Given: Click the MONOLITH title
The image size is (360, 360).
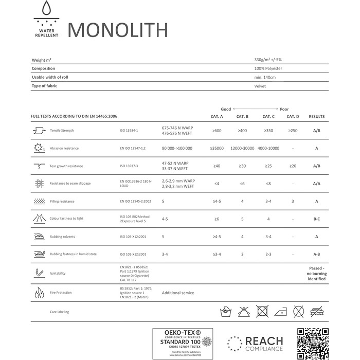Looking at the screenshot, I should click(x=117, y=30).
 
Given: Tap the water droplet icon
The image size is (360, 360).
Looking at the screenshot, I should click(x=47, y=11).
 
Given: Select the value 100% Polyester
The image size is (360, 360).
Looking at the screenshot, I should click(x=268, y=68).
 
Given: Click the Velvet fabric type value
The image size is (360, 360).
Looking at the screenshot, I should click(x=260, y=86).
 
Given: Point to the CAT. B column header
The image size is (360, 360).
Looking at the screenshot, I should click(x=242, y=117).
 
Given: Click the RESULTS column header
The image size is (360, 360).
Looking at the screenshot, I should click(x=317, y=117).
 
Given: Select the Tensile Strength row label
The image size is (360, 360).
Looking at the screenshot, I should click(x=62, y=131).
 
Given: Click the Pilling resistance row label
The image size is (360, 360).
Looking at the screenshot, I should click(x=62, y=201).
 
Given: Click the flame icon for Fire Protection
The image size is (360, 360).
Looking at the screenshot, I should click(x=39, y=293).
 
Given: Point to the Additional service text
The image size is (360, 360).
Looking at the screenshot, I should click(x=178, y=293).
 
